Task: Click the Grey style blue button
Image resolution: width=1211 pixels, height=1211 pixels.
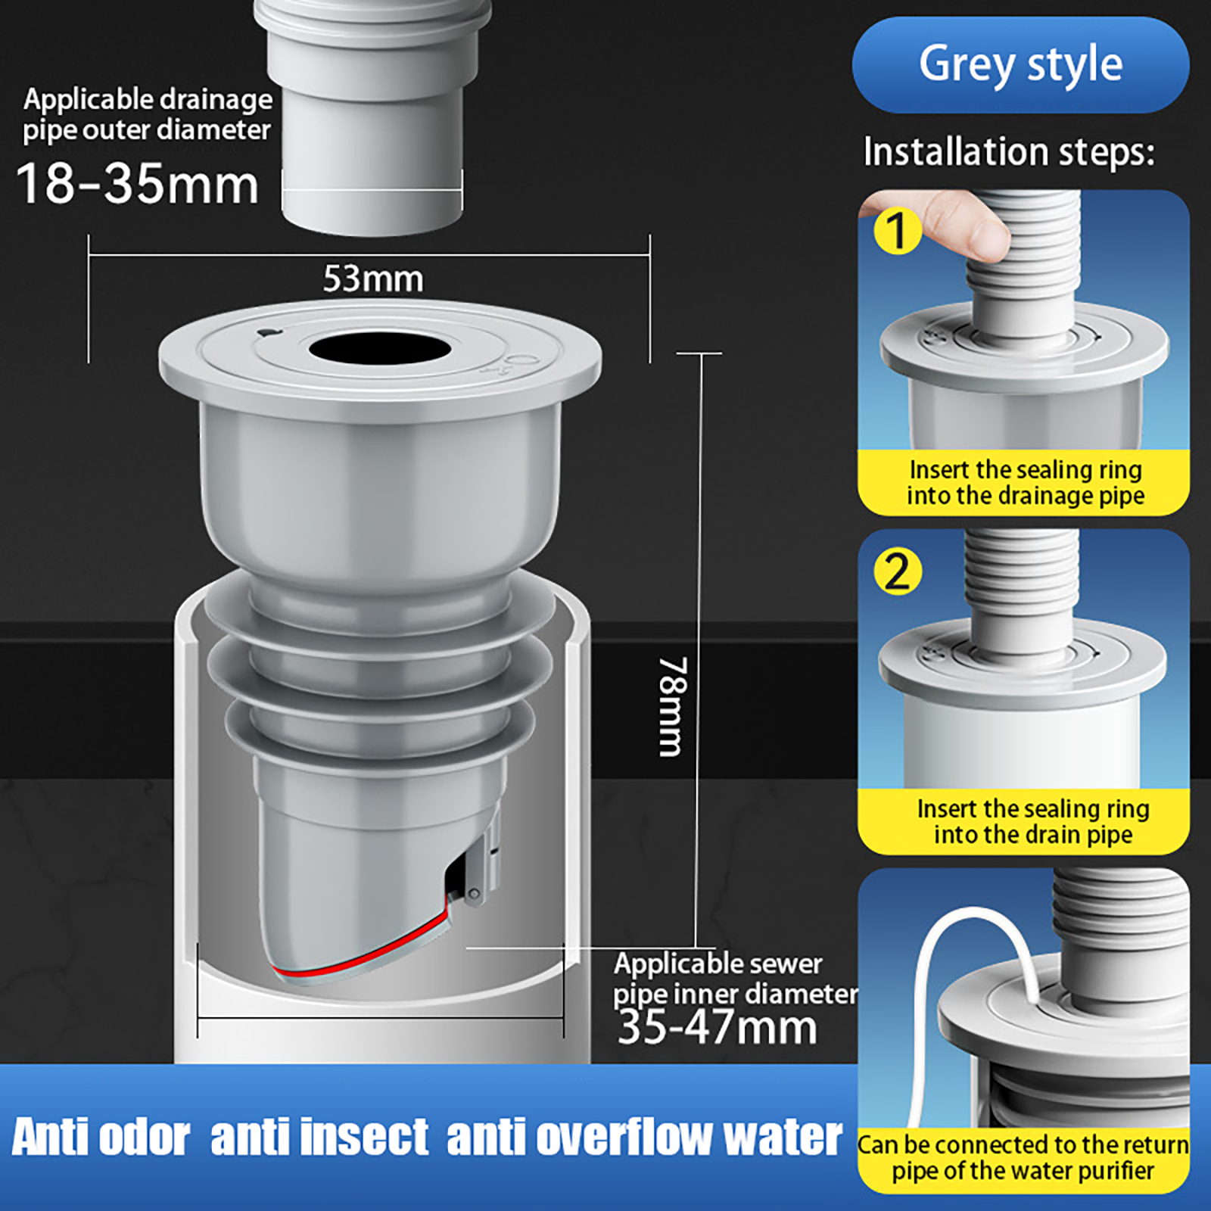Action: point(1020,65)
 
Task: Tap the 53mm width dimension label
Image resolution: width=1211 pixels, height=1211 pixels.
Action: point(373,279)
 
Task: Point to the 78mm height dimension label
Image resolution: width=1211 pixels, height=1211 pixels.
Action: point(673,706)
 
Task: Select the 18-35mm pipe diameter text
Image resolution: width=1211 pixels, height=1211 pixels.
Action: point(137,184)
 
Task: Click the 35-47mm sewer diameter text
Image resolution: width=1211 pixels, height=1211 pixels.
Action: point(717,1027)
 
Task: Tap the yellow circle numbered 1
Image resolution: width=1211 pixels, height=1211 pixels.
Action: point(898,231)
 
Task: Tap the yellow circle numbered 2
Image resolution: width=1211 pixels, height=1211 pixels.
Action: point(898,571)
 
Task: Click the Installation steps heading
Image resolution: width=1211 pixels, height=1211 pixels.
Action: point(1009,151)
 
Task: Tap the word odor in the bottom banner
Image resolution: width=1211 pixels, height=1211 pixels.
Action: point(144,1137)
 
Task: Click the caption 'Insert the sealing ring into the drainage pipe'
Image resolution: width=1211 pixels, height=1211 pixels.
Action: point(1025,482)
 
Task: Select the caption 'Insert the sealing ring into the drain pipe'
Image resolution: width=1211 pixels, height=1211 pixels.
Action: point(1033,821)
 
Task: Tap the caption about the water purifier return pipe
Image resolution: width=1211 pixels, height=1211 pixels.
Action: point(1023,1157)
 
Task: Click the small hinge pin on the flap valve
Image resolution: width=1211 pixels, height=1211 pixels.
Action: point(474,895)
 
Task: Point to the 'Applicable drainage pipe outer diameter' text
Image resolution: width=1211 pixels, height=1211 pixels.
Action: point(148,114)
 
